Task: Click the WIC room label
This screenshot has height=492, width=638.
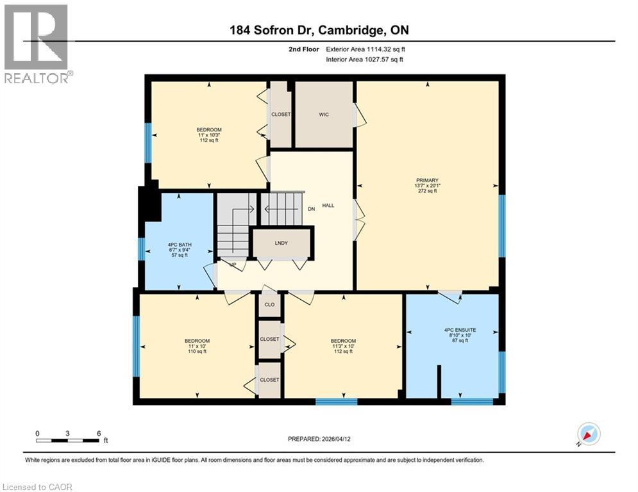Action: tap(323, 115)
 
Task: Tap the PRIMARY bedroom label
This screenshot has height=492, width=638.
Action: tap(426, 180)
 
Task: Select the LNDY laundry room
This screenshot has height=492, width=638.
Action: tap(282, 243)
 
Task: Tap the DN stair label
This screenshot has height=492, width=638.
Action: tap(312, 209)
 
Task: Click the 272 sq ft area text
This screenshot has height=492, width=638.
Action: tap(427, 191)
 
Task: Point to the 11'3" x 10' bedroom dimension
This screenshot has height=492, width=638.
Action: tap(344, 346)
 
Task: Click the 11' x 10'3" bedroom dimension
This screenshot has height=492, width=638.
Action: tap(208, 135)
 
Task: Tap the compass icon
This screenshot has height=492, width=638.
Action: tap(588, 434)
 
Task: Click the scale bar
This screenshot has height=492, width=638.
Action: tap(68, 439)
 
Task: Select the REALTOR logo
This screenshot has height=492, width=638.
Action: tap(37, 44)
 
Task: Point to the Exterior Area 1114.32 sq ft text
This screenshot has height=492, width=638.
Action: tap(365, 49)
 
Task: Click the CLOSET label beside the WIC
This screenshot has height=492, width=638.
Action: tap(281, 115)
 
